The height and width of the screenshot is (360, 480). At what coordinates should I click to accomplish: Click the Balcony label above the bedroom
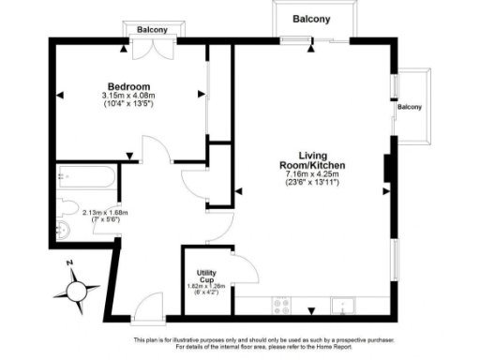coord(153,30)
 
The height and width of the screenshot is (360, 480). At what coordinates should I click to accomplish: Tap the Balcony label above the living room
coord(310,19)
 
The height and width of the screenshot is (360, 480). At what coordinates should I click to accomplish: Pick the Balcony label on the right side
coord(410,107)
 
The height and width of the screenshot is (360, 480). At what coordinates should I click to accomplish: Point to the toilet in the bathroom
coord(68,207)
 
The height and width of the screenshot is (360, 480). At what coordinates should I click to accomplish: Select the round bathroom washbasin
coord(64,231)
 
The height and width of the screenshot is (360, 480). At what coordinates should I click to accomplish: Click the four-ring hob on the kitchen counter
coord(280,305)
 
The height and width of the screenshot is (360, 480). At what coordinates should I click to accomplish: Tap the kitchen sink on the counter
coord(344,305)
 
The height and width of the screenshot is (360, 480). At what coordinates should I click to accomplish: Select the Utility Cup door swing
coord(246,269)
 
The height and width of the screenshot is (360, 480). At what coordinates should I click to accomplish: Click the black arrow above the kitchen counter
coord(312,308)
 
